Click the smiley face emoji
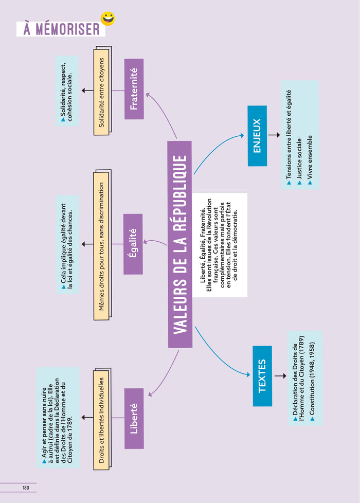tap(108, 19)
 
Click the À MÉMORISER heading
tap(61, 29)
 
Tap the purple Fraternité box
tap(134, 89)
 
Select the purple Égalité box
tap(133, 244)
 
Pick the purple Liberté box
tap(134, 418)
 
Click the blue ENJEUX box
tap(257, 136)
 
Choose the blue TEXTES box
tap(262, 376)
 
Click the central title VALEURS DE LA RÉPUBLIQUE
tap(179, 244)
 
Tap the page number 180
tap(26, 488)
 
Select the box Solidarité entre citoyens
tap(102, 91)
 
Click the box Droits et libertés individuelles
tap(102, 419)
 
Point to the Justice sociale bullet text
tap(299, 160)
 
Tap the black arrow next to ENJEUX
tap(274, 135)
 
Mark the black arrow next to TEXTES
tap(280, 375)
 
